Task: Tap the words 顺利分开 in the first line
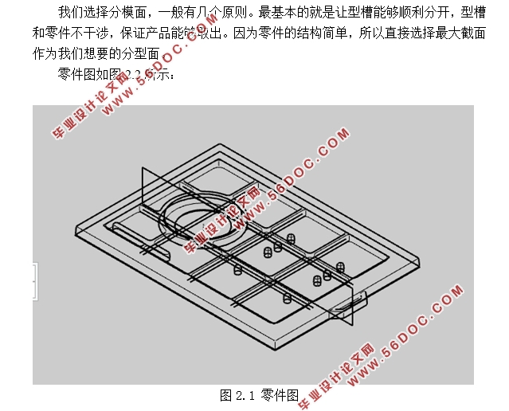click(406, 14)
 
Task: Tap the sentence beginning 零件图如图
click(112, 76)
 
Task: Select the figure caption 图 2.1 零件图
click(259, 394)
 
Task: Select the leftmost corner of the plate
click(75, 231)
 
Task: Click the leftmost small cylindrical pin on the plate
click(237, 270)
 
